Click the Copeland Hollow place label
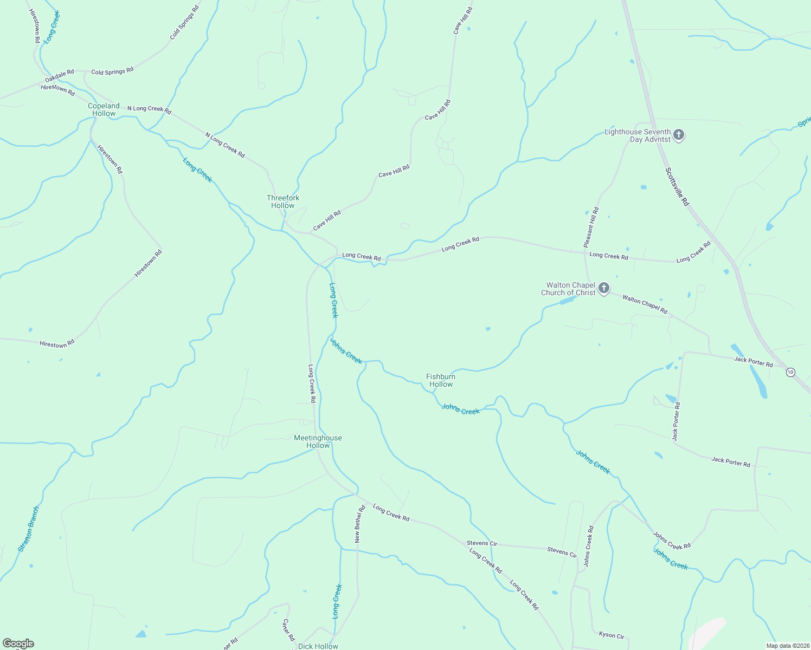(104, 109)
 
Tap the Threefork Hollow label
(283, 201)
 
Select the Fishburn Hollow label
(441, 380)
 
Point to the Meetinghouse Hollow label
(318, 441)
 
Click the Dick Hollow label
(318, 646)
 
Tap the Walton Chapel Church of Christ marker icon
(604, 288)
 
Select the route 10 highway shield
(790, 372)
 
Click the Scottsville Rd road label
(677, 187)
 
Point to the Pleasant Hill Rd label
(591, 227)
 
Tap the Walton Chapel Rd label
(645, 304)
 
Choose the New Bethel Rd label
(359, 524)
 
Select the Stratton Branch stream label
(29, 529)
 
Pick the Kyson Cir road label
(612, 635)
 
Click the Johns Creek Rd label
(672, 540)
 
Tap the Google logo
(18, 643)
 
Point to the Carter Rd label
(288, 630)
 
